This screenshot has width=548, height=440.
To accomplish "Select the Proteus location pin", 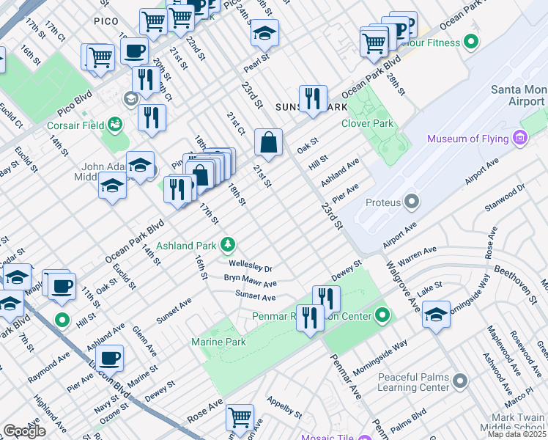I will pyautogui.click(x=412, y=202).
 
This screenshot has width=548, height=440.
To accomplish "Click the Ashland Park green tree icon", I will pyautogui.click(x=229, y=243).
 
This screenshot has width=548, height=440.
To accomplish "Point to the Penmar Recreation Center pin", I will pyautogui.click(x=382, y=317).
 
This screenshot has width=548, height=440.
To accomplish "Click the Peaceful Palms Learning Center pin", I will pyautogui.click(x=460, y=381).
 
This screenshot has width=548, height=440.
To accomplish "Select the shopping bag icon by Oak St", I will pyautogui.click(x=269, y=142).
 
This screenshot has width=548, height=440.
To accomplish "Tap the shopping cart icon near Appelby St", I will pyautogui.click(x=240, y=417).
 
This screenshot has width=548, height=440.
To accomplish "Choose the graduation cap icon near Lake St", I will pyautogui.click(x=436, y=313).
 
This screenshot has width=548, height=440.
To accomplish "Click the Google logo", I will pyautogui.click(x=24, y=431).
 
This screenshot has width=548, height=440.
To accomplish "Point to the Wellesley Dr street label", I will pyautogui.click(x=250, y=267).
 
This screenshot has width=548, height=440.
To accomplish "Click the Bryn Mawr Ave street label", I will pyautogui.click(x=250, y=282).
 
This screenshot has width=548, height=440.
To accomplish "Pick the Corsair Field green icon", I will pyautogui.click(x=115, y=125).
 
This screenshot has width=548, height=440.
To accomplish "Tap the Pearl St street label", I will pyautogui.click(x=253, y=65).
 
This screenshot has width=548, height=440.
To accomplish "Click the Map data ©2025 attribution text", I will pyautogui.click(x=516, y=434).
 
